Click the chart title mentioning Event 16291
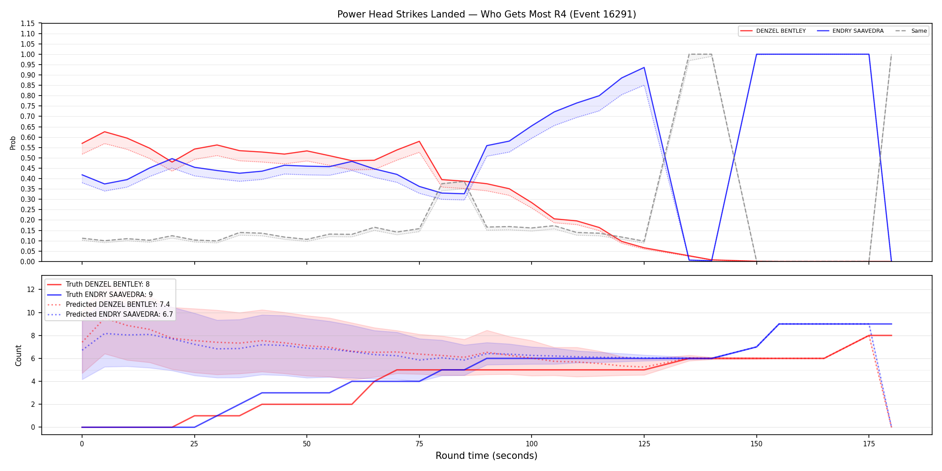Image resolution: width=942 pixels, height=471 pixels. tap(487, 14)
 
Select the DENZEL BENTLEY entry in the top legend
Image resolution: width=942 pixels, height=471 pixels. tap(773, 31)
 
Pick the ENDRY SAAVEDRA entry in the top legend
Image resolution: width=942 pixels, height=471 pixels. tap(850, 31)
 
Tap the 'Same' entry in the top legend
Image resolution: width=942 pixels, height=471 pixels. tap(911, 31)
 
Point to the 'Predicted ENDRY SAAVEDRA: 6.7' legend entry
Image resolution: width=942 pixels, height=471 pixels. tap(110, 314)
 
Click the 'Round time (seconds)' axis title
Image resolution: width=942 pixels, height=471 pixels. tap(486, 456)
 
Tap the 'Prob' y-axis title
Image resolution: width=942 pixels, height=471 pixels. tap(13, 143)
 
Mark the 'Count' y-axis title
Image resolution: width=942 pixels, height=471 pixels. tap(18, 355)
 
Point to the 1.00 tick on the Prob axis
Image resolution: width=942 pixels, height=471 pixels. tap(28, 54)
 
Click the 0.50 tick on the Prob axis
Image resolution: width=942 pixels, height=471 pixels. tap(28, 158)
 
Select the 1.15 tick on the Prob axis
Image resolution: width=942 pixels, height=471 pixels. tap(28, 23)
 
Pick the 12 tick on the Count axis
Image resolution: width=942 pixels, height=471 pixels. tap(31, 289)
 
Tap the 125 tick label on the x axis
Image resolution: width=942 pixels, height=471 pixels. tap(644, 444)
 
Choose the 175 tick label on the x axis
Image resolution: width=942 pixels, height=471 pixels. tap(869, 444)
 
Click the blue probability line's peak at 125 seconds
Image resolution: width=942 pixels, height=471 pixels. tap(644, 68)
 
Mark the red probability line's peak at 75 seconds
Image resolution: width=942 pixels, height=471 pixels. tap(419, 141)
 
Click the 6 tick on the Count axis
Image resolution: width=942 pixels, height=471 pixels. tap(33, 358)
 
